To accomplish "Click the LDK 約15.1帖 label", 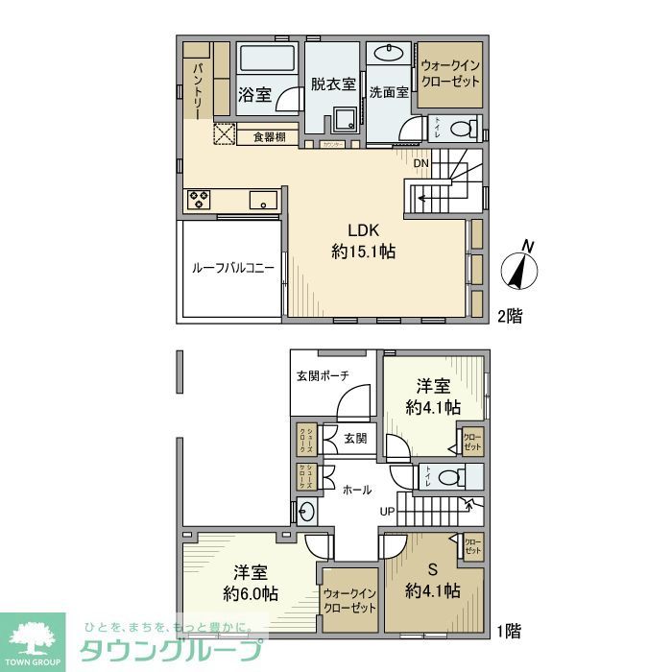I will (364, 241).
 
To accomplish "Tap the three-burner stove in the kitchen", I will (201, 200).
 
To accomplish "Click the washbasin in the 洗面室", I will (393, 52).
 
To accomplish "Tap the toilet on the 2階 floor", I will (464, 127).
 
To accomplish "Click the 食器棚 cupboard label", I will (269, 137).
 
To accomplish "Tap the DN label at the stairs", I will (420, 163).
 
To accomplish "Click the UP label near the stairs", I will (387, 511).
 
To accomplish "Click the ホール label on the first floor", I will (358, 490).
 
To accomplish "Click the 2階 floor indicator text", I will (510, 314).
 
